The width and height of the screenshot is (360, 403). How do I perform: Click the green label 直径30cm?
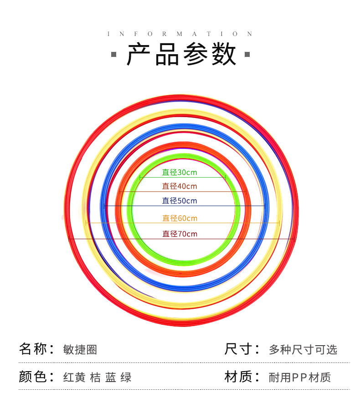(180, 172)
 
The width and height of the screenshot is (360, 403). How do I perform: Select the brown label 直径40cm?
(180, 186)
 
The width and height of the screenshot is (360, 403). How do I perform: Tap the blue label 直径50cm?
(180, 201)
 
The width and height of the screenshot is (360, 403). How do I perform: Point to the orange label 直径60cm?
(180, 218)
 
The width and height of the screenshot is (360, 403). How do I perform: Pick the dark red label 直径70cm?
(180, 234)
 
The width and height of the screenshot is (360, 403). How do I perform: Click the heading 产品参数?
(181, 54)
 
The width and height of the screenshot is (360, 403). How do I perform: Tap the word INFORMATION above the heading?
(180, 34)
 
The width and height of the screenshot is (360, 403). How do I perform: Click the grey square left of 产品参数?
(113, 55)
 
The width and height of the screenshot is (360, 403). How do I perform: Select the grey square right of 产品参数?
(247, 55)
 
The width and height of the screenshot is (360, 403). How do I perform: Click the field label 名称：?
(37, 349)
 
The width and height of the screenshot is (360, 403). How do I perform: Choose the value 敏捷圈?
(80, 350)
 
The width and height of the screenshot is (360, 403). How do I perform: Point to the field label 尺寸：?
(242, 349)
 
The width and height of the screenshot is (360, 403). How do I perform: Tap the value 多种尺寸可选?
(303, 350)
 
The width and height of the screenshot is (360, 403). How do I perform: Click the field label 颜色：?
(37, 377)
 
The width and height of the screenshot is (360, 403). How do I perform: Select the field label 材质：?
(242, 377)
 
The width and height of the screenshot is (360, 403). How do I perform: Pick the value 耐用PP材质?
(300, 377)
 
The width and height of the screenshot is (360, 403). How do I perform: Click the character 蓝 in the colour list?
(111, 377)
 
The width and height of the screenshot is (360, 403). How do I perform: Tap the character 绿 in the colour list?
(126, 377)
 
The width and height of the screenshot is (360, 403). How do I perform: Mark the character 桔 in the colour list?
(95, 377)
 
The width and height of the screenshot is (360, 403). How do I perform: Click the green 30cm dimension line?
(183, 177)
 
